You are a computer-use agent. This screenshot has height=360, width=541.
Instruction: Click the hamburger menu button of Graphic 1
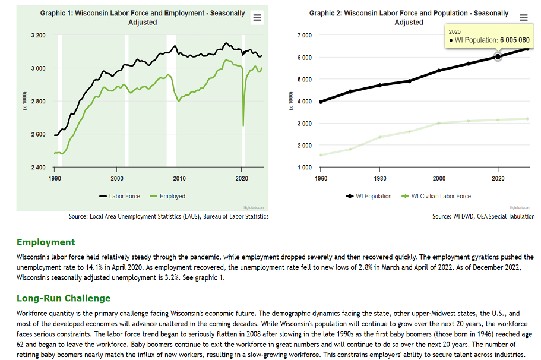[x=257, y=18]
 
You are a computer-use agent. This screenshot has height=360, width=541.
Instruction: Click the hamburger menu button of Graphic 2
[x=523, y=18]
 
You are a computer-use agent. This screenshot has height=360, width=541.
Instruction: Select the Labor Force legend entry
[x=119, y=196]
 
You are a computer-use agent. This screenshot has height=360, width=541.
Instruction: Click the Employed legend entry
[x=167, y=196]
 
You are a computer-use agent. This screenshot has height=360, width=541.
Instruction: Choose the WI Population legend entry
[x=369, y=196]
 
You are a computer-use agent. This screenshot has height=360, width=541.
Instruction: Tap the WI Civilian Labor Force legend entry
[x=436, y=196]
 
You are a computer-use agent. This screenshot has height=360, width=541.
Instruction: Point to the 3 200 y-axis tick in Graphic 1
[x=38, y=35]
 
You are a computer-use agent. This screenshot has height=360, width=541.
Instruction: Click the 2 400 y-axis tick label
[x=38, y=168]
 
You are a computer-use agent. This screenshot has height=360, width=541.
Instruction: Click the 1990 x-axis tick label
[x=55, y=178]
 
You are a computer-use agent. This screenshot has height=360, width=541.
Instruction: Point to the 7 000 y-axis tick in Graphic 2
[x=304, y=35]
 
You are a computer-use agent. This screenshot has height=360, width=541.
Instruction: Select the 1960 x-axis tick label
[x=321, y=178]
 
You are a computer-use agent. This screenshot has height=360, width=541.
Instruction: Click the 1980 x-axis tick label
[x=380, y=178]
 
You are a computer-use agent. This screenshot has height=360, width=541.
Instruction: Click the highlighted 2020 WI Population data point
[x=498, y=56]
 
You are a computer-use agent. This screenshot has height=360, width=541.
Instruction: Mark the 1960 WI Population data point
[x=321, y=102]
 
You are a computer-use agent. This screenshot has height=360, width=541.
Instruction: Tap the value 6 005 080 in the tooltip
[x=515, y=40]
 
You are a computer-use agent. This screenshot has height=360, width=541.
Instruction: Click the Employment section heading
[x=46, y=242]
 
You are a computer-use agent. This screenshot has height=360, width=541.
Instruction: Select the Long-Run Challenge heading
[x=64, y=298]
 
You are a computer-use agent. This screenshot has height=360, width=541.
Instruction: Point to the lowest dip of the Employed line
[x=243, y=125]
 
